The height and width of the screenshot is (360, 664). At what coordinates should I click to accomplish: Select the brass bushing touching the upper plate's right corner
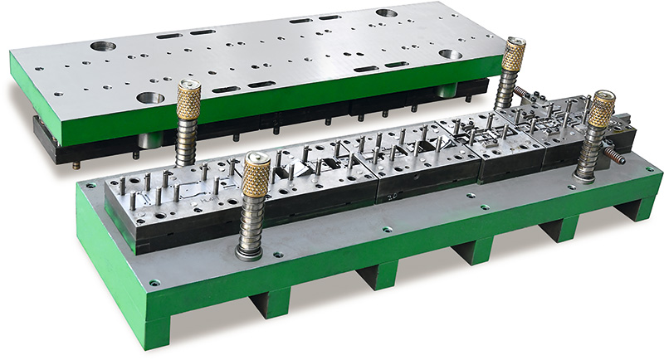click(x=514, y=56)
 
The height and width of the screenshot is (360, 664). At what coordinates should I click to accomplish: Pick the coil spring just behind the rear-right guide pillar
click(x=520, y=92)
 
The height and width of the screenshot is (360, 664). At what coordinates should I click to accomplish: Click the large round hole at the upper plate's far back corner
click(x=386, y=13)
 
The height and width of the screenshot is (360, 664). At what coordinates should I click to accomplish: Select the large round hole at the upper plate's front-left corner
click(x=150, y=97)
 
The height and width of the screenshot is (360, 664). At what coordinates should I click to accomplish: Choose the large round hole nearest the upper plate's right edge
click(x=450, y=54)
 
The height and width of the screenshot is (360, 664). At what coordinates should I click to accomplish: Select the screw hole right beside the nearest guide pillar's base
click(x=277, y=255)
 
